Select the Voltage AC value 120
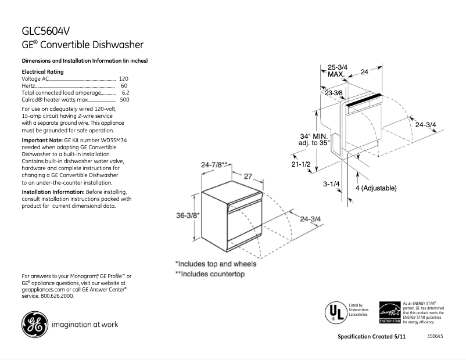(123, 78)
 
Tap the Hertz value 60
(124, 85)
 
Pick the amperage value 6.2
(125, 92)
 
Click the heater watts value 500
(124, 100)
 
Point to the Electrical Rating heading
(42, 71)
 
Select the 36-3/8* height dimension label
(188, 215)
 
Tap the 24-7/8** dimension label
(214, 165)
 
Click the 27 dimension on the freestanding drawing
(247, 175)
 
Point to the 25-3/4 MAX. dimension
(338, 71)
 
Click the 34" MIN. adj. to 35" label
(314, 139)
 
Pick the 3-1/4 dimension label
(331, 184)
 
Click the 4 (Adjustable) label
(375, 188)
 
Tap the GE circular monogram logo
(35, 324)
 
